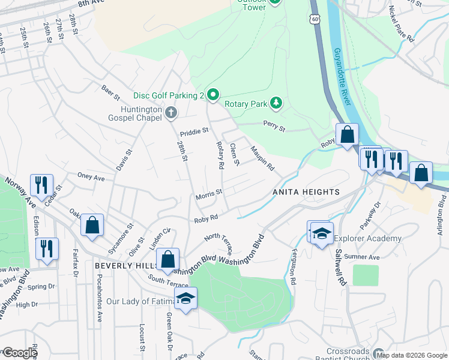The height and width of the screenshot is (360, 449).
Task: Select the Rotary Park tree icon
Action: (x=276, y=104)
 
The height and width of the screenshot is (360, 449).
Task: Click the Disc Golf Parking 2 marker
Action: (x=212, y=95)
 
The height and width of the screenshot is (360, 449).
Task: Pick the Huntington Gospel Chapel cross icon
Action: (x=171, y=112)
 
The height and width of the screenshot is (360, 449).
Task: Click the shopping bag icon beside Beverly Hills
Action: (x=168, y=260)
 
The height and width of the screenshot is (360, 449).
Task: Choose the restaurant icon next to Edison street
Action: (x=46, y=248)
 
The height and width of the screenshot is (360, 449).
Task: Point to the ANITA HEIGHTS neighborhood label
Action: (x=306, y=192)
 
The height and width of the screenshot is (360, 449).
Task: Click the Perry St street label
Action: (x=274, y=127)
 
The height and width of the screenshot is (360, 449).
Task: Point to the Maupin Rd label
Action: (x=262, y=158)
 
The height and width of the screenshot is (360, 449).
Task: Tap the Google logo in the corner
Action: (x=19, y=353)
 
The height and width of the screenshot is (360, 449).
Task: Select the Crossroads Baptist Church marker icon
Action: (x=378, y=353)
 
